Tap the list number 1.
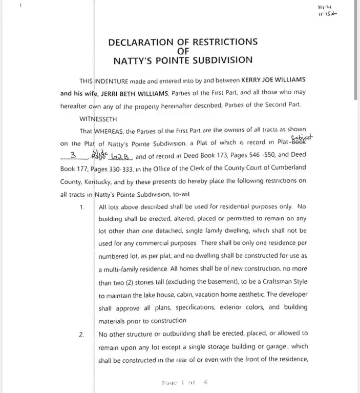tap(81, 207)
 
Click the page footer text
tap(185, 383)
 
